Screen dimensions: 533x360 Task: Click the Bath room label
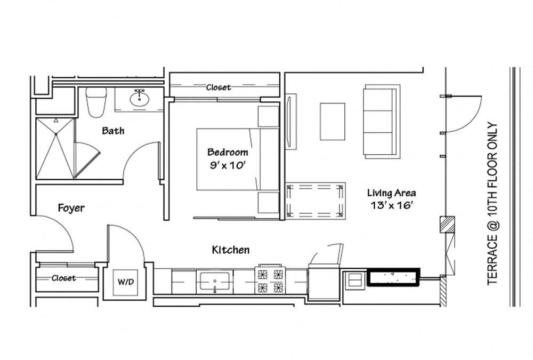113,131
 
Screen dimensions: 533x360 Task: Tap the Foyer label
71,208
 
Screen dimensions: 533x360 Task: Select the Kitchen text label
230,250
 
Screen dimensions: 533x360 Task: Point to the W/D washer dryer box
125,282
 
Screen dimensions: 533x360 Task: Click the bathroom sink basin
139,99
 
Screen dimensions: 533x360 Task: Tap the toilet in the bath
96,102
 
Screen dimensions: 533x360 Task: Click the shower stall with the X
55,148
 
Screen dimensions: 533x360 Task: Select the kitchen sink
214,281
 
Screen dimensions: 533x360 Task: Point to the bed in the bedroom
238,159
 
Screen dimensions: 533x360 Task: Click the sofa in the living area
382,122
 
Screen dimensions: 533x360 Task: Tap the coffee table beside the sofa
333,122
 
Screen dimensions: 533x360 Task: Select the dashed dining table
315,201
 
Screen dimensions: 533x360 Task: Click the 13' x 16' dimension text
392,205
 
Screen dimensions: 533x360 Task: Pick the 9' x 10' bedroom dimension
228,165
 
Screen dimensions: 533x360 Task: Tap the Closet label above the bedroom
219,87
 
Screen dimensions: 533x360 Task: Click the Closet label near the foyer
63,278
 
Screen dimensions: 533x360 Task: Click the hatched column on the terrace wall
447,224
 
